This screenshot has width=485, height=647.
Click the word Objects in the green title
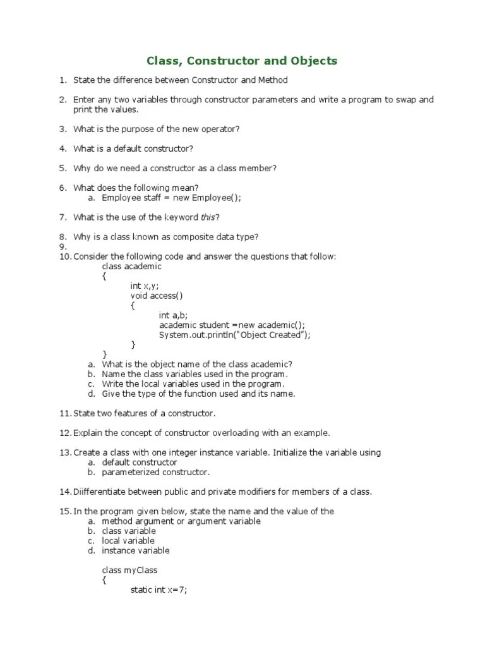pos(313,61)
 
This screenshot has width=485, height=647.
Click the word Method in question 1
pos(273,80)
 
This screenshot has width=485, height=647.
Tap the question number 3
pos(63,129)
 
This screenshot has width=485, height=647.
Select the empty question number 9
pos(63,246)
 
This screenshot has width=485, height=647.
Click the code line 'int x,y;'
pos(145,286)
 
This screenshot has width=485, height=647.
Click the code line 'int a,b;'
pos(173,315)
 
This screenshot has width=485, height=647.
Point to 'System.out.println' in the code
pos(195,335)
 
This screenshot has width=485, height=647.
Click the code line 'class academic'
pos(131,266)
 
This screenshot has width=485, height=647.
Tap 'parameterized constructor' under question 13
pos(155,472)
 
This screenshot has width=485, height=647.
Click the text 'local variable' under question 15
pos(128,541)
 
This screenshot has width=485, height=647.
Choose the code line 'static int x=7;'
pos(159,590)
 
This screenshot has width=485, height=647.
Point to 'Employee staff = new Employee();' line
pos(172,198)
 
